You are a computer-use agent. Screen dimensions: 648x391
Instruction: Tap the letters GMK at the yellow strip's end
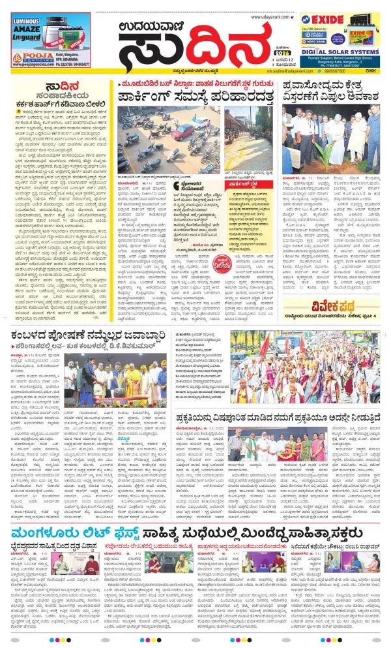[x=372, y=70]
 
